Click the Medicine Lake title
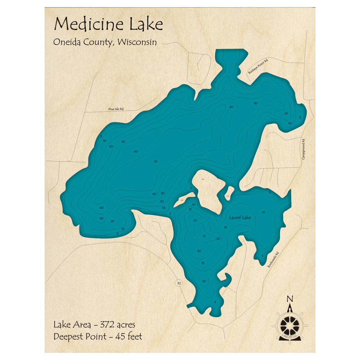pos(108,24)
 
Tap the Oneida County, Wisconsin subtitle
pos(105,42)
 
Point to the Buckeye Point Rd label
pos(258,67)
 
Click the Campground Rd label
pos(303,149)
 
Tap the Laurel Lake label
pos(240,217)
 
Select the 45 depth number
pos(156,161)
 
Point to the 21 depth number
pos(204,236)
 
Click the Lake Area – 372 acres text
pos(94,325)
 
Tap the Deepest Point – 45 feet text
pos(98,337)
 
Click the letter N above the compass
pos(289,299)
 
